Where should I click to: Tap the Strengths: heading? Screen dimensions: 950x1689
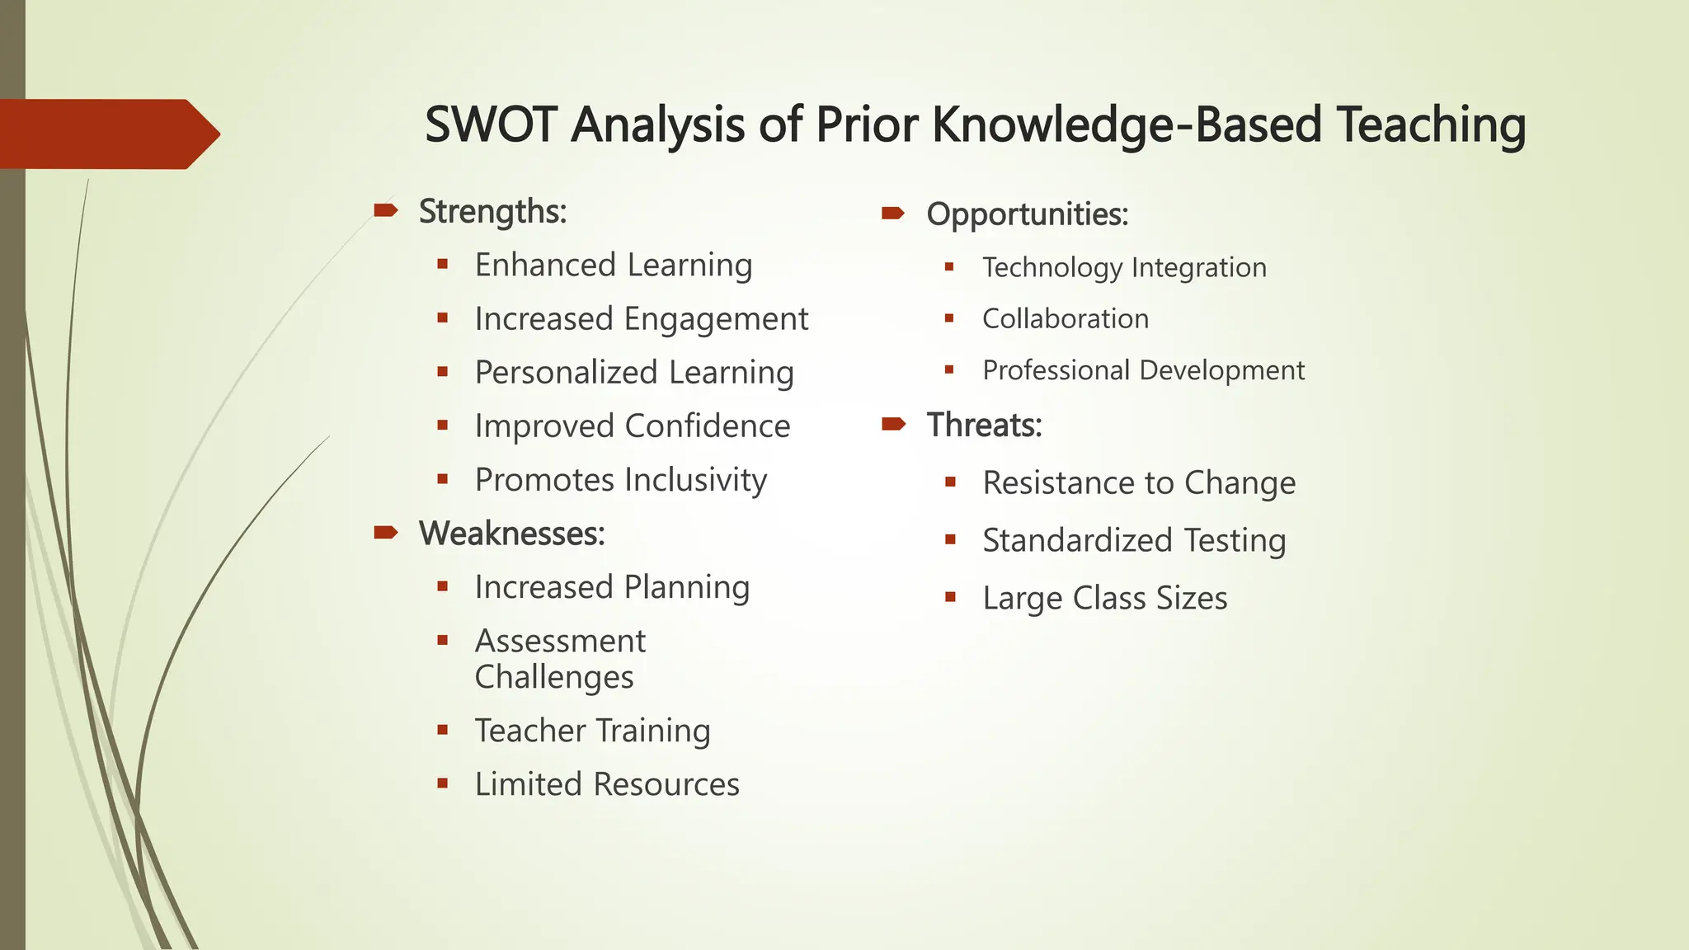coord(492,212)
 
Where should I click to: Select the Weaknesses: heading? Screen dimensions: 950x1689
coord(511,534)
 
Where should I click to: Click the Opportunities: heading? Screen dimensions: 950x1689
coord(1027,214)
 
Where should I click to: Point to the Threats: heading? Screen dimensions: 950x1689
coord(984,426)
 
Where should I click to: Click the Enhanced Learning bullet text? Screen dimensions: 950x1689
coord(613,266)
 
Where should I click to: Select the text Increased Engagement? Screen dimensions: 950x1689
coord(641,319)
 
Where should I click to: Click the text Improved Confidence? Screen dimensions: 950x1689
coord(632,426)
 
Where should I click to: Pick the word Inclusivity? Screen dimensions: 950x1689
coord(695,480)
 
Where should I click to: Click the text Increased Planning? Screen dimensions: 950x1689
coord(611,587)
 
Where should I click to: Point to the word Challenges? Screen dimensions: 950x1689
coord(553,677)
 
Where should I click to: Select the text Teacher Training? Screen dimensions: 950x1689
coord(591,731)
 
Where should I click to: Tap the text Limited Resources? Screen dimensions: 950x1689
coord(606,784)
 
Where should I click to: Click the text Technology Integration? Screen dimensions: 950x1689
coord(1123,268)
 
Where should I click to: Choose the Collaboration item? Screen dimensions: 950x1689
coord(1065,319)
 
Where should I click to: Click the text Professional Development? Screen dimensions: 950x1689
coord(1143,370)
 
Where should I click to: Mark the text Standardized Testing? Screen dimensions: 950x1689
coord(1133,541)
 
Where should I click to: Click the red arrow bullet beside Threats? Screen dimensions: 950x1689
coord(893,425)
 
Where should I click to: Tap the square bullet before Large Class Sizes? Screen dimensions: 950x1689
coord(950,597)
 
